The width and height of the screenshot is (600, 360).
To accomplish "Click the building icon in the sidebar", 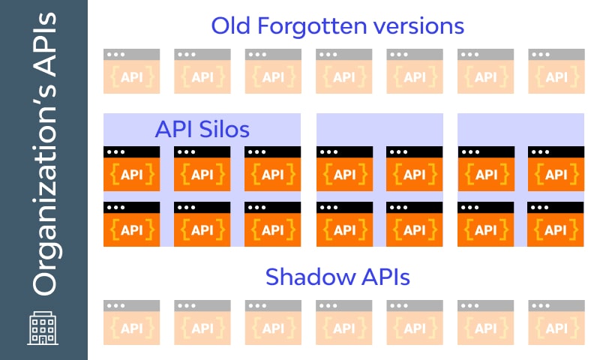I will (x=43, y=327).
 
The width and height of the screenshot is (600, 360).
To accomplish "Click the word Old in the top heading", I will (x=229, y=26).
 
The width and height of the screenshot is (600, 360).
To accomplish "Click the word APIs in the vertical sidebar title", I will (x=43, y=46).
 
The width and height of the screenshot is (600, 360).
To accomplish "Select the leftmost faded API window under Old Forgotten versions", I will (x=131, y=71).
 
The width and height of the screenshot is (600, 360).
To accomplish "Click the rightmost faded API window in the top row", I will (x=556, y=71).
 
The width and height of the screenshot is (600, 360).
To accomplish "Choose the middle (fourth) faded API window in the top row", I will (x=343, y=71).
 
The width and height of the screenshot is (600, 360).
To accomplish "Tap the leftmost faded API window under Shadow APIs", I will (x=131, y=322).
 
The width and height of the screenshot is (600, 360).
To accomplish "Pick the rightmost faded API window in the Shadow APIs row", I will (x=556, y=322).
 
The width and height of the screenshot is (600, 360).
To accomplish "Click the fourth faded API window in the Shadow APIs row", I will (x=343, y=322).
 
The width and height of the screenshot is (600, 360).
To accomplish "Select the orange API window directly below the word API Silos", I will (x=202, y=169).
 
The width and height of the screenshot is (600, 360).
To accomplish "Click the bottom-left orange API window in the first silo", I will (x=131, y=224).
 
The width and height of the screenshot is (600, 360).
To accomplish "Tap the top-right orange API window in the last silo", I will (x=556, y=169).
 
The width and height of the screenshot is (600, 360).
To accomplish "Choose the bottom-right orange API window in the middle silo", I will (x=414, y=224).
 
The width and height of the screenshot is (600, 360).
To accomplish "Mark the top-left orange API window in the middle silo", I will (x=343, y=169).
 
